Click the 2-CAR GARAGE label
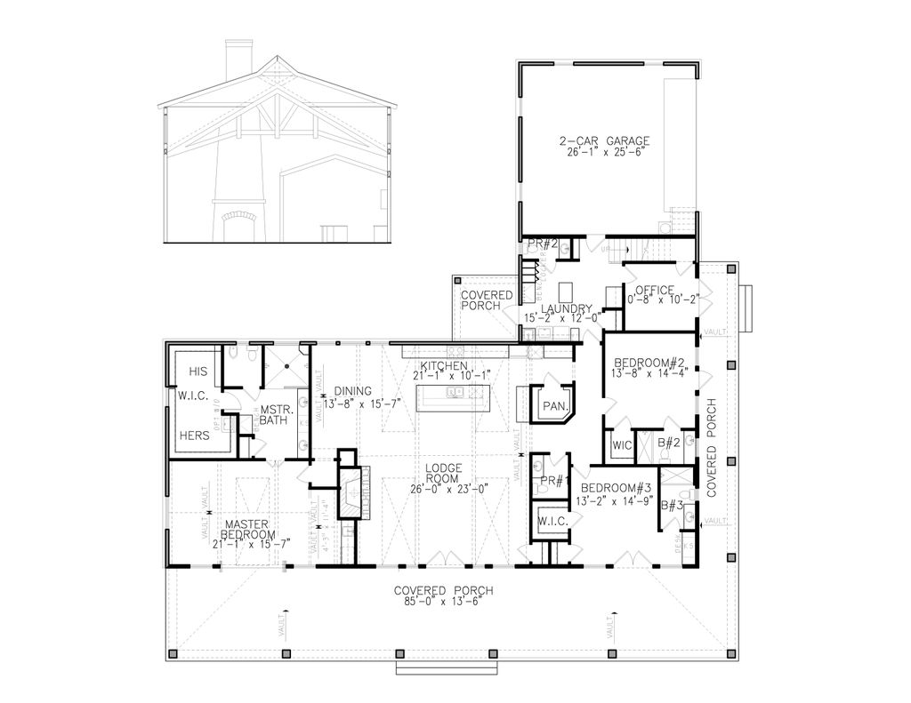604,141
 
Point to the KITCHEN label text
444,366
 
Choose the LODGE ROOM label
442,473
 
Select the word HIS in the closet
198,371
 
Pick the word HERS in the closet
195,436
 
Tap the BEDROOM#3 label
616,489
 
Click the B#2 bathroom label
668,442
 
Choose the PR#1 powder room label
553,482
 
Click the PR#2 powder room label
541,244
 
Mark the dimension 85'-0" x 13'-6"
443,602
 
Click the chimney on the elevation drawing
238,60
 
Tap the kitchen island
443,398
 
